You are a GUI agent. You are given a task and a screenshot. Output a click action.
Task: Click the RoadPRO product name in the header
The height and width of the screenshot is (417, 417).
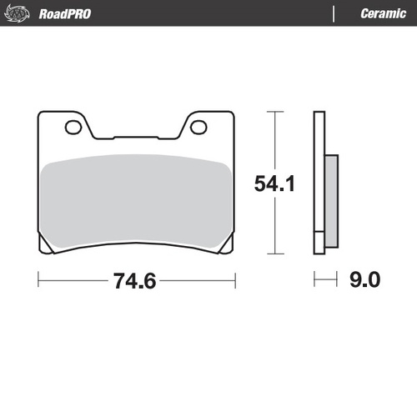click(65, 13)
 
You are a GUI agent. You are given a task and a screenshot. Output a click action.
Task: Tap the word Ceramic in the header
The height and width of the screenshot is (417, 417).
click(383, 13)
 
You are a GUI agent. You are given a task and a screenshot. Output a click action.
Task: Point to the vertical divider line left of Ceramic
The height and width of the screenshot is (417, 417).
click(334, 13)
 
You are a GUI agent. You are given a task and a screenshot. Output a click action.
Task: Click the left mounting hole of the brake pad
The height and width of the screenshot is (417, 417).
click(73, 127)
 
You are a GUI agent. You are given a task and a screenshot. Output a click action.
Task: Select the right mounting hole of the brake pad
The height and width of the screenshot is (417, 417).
click(198, 127)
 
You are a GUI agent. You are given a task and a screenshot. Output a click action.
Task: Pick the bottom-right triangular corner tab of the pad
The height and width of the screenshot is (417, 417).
click(228, 246)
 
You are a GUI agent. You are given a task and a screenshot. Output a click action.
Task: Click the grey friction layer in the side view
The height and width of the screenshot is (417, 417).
click(330, 199)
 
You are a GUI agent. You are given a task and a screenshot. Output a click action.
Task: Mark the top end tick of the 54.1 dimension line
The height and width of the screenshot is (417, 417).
click(273, 111)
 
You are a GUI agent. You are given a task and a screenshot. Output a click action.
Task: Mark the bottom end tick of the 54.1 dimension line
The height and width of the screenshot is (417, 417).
click(273, 254)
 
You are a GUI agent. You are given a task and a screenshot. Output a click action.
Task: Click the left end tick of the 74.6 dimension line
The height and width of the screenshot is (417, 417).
click(38, 281)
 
